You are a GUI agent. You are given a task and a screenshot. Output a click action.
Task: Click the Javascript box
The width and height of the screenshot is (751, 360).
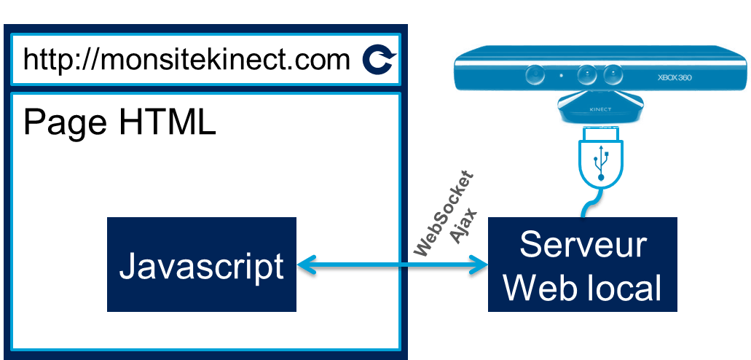(x=202, y=265)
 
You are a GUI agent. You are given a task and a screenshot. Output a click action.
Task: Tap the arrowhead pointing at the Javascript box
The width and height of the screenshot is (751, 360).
(x=305, y=265)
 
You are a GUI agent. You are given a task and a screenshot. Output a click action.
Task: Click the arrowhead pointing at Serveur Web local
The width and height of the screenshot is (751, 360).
(x=479, y=265)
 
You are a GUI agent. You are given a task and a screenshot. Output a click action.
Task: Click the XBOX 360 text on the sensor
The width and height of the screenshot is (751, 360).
(x=674, y=77)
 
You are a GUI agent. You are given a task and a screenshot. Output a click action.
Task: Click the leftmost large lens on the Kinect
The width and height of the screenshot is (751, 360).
(x=534, y=74)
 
